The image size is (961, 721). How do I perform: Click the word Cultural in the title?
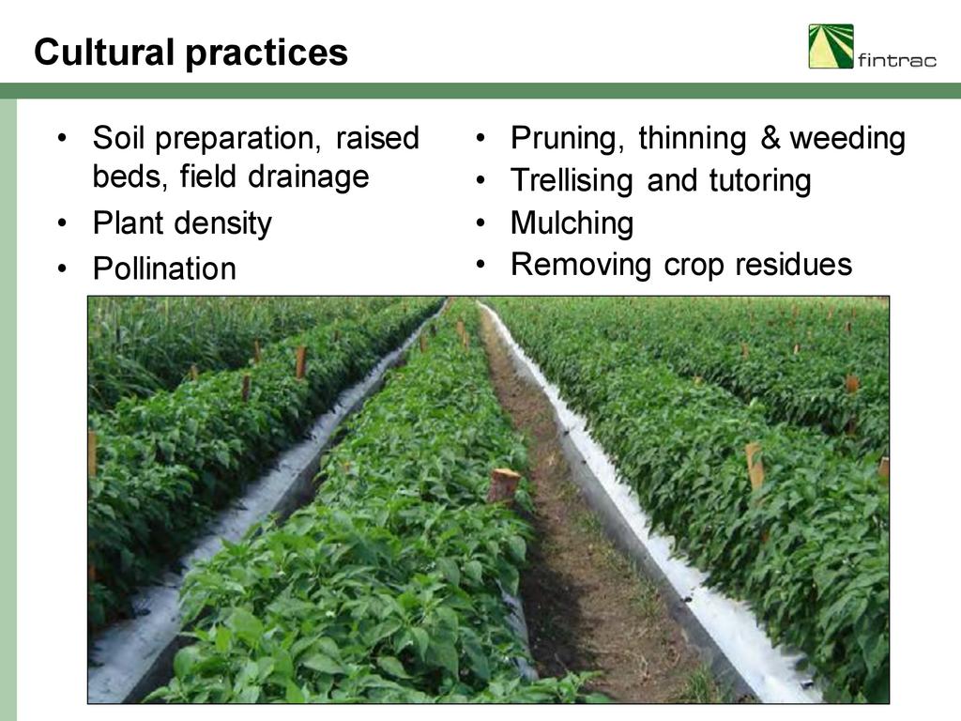[x=104, y=52]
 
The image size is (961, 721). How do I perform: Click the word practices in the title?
[x=266, y=54]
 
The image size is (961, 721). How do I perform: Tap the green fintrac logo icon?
[x=831, y=46]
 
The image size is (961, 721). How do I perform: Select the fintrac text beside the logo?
[x=896, y=59]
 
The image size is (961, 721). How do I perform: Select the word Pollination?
[x=164, y=268]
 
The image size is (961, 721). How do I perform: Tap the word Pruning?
[x=567, y=139]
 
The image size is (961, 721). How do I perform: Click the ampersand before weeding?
[x=770, y=137]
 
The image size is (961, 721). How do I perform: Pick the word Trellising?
[x=571, y=181]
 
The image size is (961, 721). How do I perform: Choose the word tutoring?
[x=760, y=181]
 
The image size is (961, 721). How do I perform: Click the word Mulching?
[x=572, y=223]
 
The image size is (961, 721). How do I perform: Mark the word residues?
[x=794, y=264]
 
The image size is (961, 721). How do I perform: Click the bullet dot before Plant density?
[x=62, y=223]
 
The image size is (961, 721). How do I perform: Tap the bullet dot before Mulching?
[x=480, y=223]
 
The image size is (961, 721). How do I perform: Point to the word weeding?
[x=847, y=139]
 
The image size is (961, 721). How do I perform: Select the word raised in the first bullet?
[x=377, y=137]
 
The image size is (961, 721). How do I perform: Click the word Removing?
[x=581, y=266]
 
